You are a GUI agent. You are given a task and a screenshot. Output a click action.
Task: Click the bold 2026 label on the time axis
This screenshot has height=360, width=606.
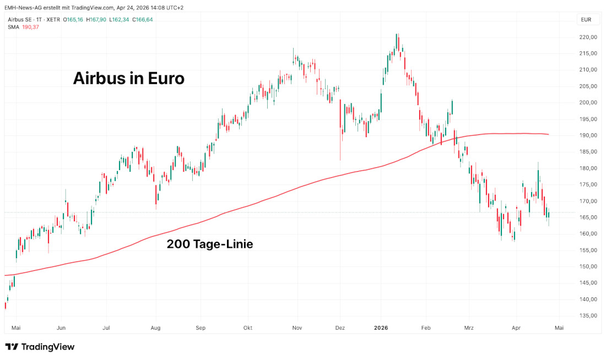[381, 328]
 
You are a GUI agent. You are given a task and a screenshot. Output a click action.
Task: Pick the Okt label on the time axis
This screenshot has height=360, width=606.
[248, 328]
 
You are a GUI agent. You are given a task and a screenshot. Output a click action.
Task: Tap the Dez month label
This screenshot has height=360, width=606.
[340, 328]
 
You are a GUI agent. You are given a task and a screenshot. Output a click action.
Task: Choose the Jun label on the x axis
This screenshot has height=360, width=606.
[61, 328]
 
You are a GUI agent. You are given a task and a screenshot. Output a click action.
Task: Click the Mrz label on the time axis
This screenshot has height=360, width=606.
[469, 328]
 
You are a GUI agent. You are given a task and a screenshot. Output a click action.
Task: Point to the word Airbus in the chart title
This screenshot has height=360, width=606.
[100, 79]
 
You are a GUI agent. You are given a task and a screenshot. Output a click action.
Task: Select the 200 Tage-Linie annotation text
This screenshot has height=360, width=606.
[210, 244]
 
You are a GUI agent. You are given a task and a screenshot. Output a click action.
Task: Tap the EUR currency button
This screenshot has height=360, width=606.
[586, 20]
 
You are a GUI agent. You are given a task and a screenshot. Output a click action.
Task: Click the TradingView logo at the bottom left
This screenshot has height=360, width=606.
[40, 347]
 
